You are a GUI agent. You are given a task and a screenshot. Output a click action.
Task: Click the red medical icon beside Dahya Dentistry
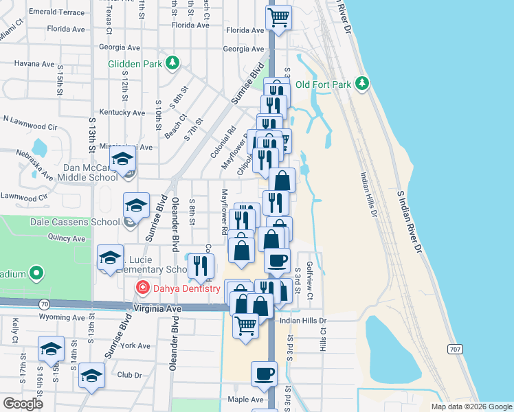coord(142,287)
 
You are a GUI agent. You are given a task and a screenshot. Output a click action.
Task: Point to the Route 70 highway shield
coord(44,303)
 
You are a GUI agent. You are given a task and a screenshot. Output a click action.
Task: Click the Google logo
coord(23,404)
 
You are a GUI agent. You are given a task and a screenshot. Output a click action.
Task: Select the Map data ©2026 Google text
coord(471,407)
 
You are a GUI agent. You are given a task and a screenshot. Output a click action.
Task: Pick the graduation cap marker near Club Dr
coord(91,376)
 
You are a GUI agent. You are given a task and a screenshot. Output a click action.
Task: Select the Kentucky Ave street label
coord(122,113)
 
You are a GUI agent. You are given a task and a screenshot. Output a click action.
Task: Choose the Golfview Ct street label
coord(310,282)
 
